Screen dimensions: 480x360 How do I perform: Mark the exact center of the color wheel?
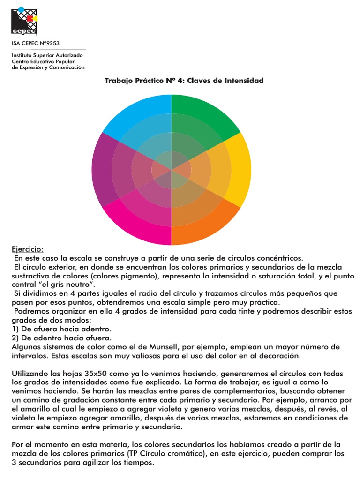pos(172,170)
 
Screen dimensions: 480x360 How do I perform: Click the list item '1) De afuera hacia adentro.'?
pos(61,329)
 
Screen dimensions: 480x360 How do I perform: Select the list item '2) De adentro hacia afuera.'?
pos(61,338)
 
